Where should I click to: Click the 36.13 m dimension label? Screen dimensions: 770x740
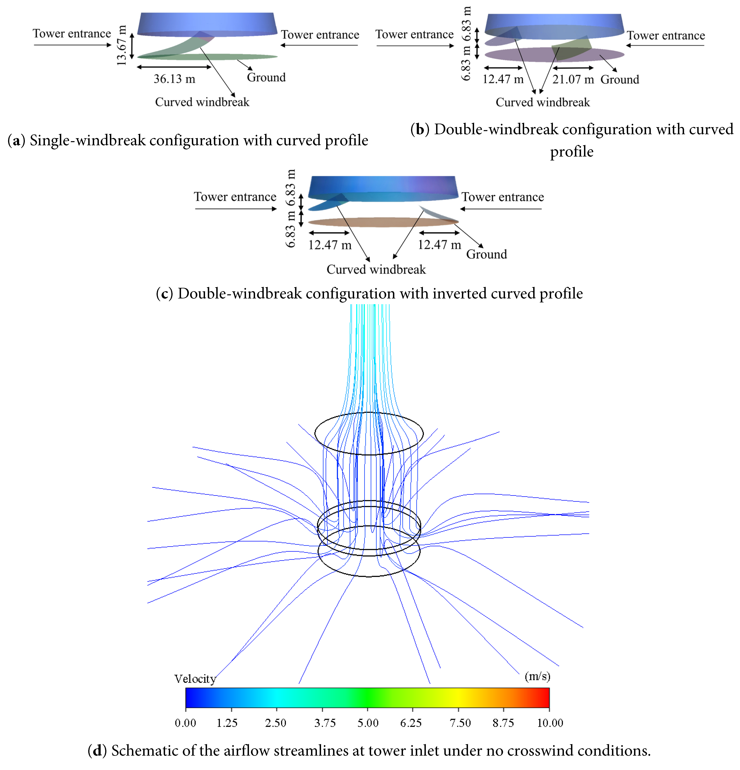(174, 79)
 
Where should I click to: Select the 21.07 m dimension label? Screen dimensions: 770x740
(573, 79)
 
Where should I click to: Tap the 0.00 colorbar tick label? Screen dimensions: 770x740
(185, 723)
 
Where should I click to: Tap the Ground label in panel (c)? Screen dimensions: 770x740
(486, 254)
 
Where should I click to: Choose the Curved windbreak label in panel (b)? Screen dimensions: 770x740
(542, 103)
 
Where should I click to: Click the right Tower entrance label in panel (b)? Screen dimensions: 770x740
(665, 36)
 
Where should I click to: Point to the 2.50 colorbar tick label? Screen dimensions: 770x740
(276, 723)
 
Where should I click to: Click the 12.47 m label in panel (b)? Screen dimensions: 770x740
(503, 79)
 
